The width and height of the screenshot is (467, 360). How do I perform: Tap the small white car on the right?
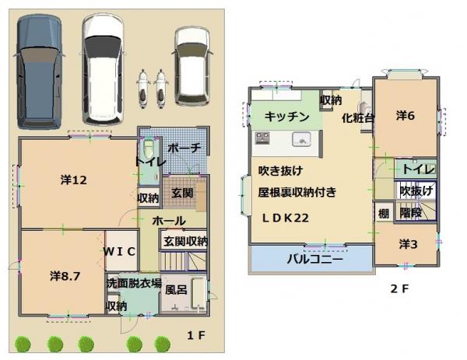tap(191, 66)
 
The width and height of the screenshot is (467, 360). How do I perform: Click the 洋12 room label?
tap(73, 180)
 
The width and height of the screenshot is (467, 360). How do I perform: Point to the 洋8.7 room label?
tap(65, 275)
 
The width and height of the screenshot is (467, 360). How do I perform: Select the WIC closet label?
tap(121, 250)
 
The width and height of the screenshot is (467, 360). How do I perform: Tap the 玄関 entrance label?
tap(182, 192)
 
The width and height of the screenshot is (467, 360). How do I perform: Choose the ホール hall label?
tap(169, 221)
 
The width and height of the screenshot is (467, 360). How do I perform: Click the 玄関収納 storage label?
tap(185, 242)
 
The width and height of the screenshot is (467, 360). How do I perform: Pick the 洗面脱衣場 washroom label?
tap(134, 283)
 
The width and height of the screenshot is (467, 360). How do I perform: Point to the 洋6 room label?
tap(405, 116)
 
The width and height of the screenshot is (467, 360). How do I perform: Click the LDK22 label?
tap(280, 218)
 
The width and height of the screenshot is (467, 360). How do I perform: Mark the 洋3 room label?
tap(408, 244)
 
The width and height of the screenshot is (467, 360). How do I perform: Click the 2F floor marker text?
tap(399, 288)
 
